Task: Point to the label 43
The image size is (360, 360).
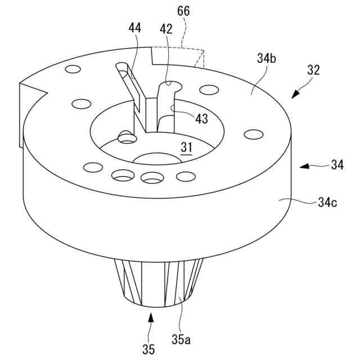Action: (201, 119)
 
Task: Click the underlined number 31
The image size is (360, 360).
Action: (186, 147)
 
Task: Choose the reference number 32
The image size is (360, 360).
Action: (313, 70)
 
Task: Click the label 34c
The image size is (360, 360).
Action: (325, 202)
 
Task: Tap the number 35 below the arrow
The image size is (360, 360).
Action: (148, 349)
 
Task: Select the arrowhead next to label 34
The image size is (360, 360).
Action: (303, 166)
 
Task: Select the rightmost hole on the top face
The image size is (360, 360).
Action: (254, 134)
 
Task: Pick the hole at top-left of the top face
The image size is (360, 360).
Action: (72, 70)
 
